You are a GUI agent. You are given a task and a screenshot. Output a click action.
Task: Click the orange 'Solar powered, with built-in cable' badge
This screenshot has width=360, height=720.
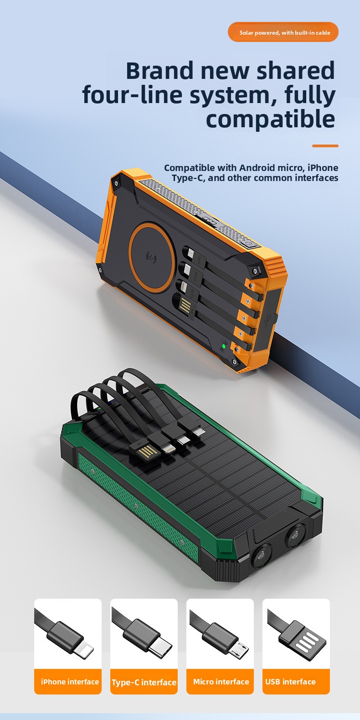[x=283, y=32]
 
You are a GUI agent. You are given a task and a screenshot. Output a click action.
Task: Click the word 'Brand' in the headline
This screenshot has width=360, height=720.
[x=159, y=70]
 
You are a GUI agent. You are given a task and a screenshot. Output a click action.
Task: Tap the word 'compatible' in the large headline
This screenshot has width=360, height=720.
[x=270, y=119]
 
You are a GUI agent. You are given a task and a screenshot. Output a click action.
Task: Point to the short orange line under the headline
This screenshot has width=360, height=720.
[x=325, y=146]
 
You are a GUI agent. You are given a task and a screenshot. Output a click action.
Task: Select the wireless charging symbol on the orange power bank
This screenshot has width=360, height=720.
[x=151, y=257]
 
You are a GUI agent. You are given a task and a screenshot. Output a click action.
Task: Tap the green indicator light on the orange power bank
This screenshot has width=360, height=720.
[x=223, y=347]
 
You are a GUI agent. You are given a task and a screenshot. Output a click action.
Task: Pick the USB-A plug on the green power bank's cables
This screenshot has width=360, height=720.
[x=144, y=451]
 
